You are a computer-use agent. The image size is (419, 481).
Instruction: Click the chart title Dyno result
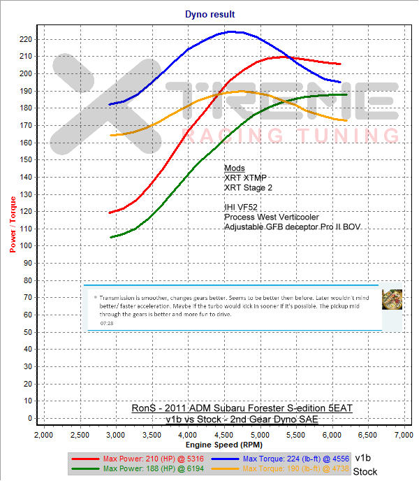209,14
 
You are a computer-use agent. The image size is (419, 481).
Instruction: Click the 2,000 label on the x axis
44,436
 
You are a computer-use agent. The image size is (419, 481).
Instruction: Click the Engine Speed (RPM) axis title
223,445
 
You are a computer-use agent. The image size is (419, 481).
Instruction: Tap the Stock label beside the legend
365,471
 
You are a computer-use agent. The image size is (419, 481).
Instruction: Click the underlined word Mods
234,168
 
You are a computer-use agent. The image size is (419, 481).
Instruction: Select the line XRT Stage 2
249,188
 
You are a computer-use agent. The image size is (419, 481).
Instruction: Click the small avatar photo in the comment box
392,299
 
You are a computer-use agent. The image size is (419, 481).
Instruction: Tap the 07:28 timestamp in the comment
107,324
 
